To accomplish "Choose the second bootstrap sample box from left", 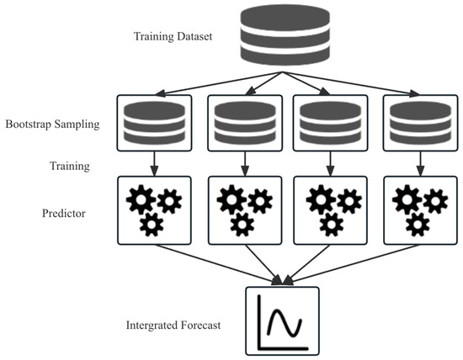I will coord(240,124).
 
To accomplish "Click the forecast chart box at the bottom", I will coord(282,322).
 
